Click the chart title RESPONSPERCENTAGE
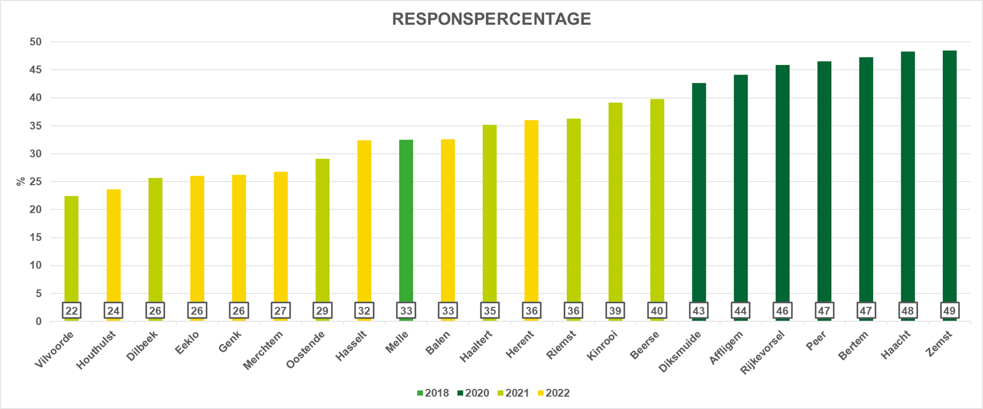pos(491,19)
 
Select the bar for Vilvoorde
pos(72,248)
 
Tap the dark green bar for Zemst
pos(949,177)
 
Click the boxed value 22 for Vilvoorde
pos(72,311)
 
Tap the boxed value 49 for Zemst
pos(949,311)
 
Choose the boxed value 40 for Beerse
pos(657,311)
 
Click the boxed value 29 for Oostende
pos(322,311)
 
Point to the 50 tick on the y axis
pos(36,42)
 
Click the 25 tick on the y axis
pos(36,181)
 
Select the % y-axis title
pos(21,181)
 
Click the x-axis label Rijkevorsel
pos(763,352)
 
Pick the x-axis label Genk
pos(230,342)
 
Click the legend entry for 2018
pos(433,393)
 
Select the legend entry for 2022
pos(554,393)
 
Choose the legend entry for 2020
pos(473,393)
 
